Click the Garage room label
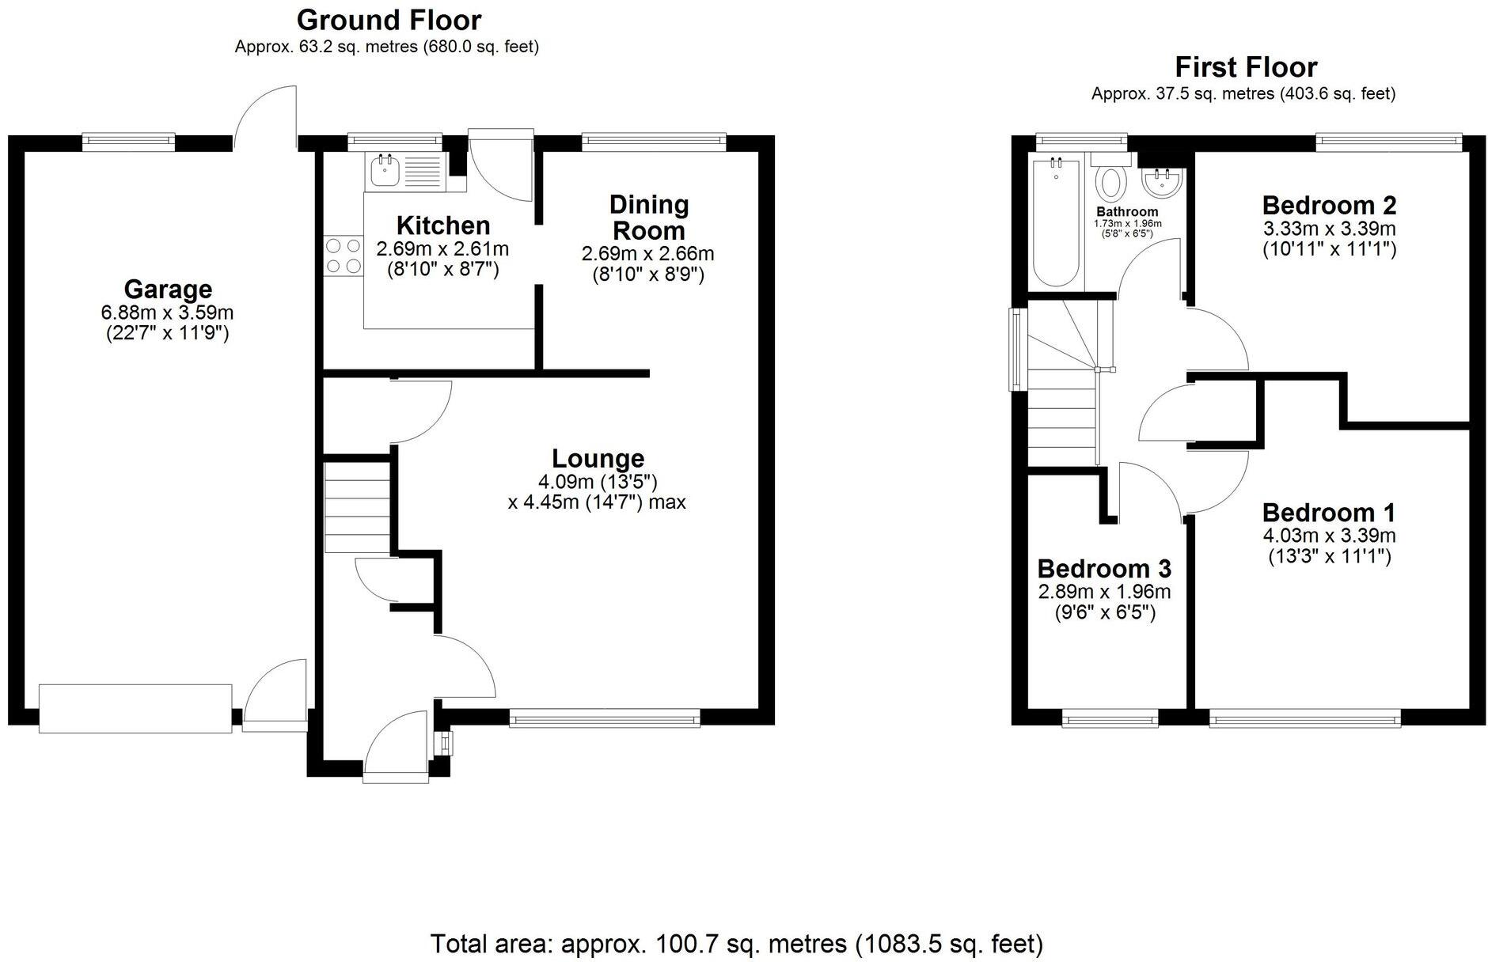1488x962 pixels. click(x=168, y=289)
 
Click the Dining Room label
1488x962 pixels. click(x=648, y=218)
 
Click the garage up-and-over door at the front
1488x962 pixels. click(x=135, y=708)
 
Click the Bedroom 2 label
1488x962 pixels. click(x=1328, y=206)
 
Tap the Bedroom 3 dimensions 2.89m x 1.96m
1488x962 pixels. click(x=1104, y=592)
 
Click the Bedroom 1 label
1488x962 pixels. click(x=1328, y=513)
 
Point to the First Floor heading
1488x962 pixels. click(x=1245, y=67)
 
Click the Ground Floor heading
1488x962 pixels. click(x=389, y=20)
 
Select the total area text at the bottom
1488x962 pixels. click(x=736, y=944)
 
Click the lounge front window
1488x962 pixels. click(x=605, y=718)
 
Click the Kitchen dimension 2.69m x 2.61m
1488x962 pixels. click(x=442, y=249)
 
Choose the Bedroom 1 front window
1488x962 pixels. click(x=1304, y=718)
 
